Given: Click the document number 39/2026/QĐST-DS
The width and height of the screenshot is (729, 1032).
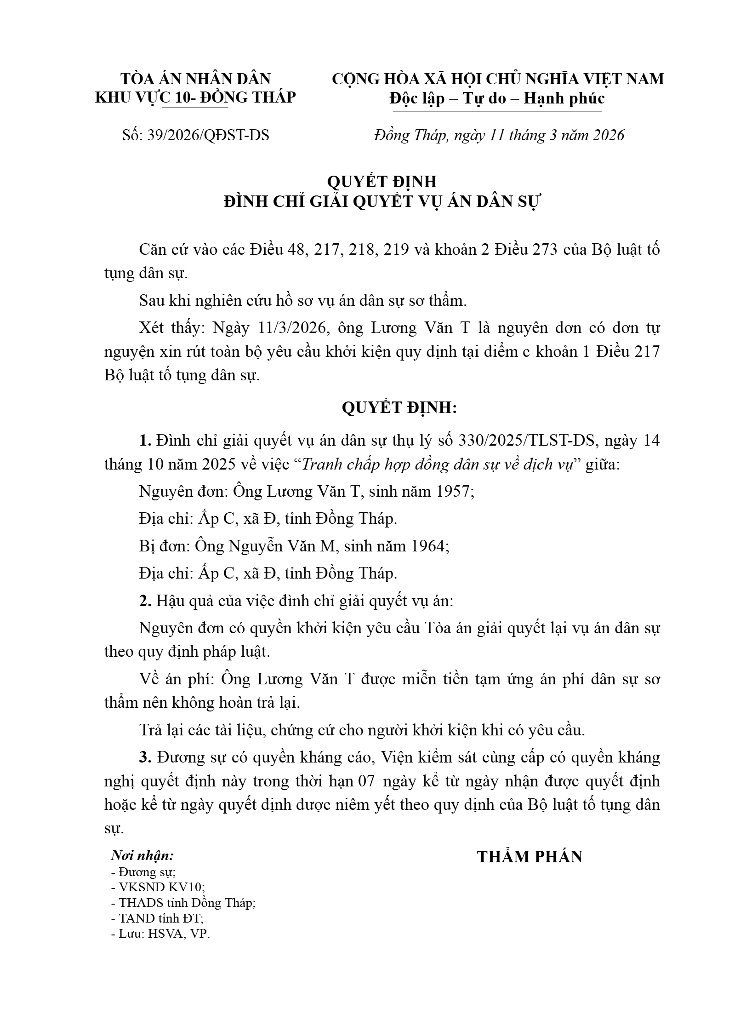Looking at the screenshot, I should tap(208, 135).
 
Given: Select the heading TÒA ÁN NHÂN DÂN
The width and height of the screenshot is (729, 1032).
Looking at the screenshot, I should tap(196, 79).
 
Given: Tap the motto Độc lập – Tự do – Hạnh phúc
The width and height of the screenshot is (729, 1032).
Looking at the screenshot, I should tap(497, 98).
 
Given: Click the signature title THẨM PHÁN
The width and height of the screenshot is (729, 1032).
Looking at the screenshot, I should tap(530, 857).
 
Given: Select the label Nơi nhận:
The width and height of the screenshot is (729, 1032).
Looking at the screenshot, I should tap(142, 856).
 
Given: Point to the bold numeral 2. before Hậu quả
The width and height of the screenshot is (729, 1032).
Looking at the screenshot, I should tap(145, 601).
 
